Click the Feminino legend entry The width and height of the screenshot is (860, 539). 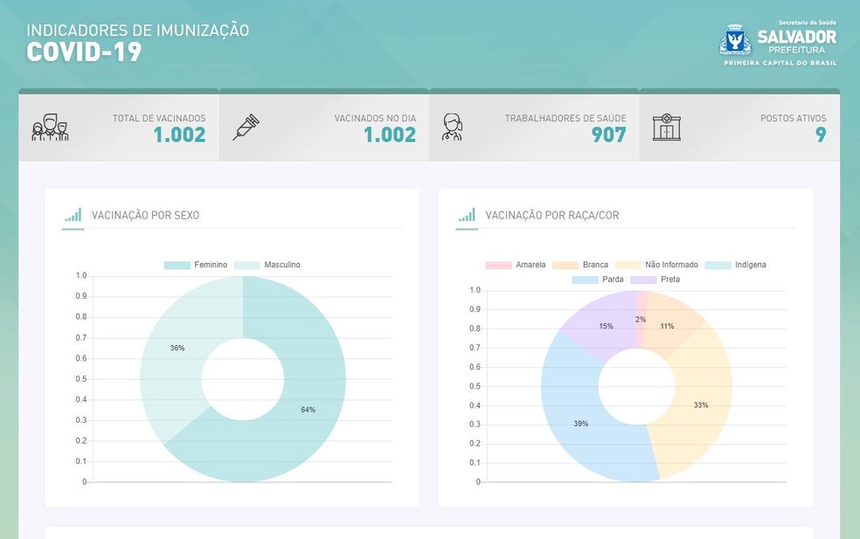coord(196,265)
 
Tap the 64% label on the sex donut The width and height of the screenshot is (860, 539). coord(308,410)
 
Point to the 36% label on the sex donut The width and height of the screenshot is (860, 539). coord(177,348)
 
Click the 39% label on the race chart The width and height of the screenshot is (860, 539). coord(581,424)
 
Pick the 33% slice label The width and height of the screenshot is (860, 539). coord(701,405)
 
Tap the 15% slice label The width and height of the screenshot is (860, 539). coord(606,326)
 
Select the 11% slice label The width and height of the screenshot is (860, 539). coord(667,326)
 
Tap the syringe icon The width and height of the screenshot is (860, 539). coord(246,127)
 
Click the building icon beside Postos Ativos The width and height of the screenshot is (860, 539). coord(666,127)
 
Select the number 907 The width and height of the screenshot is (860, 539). coord(608,135)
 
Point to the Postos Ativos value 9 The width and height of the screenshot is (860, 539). coord(821,135)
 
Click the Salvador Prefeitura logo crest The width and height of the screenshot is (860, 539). coord(735,41)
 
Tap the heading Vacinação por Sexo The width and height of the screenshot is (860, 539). coord(146,215)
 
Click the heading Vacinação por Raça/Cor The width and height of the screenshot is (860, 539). coord(551,215)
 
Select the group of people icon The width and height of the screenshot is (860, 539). coord(50,128)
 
